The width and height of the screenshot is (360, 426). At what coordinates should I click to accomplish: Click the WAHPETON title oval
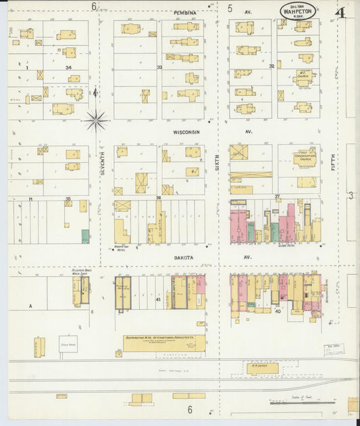pos(298,11)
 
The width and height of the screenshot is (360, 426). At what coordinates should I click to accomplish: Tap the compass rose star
pos(96,121)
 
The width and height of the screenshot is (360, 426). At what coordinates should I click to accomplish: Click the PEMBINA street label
pos(184,13)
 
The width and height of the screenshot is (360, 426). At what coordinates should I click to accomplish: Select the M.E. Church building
pos(305,74)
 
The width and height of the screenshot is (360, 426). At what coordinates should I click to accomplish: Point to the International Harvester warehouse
pos(163,343)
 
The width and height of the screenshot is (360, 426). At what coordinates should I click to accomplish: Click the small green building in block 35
pos(85,236)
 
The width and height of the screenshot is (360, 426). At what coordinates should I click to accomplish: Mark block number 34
pos(68,68)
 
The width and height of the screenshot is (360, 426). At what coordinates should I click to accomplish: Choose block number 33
pos(159,68)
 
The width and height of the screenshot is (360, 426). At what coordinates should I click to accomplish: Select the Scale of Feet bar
pos(302,403)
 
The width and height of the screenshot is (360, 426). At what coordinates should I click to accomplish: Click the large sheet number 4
pos(338,12)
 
